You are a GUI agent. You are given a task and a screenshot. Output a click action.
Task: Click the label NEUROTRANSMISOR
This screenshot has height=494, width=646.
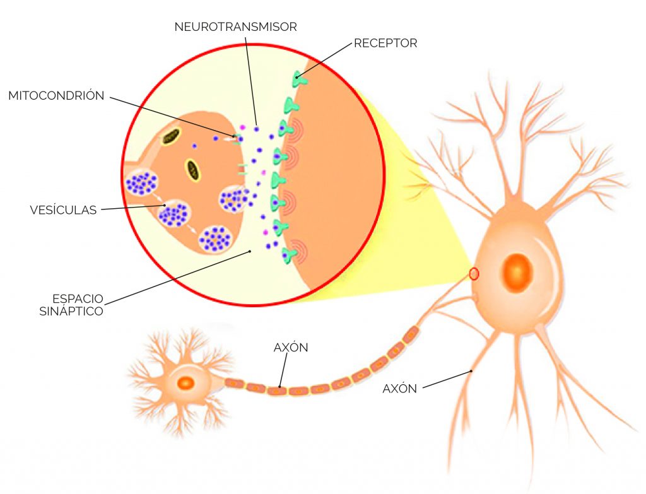tap(236, 26)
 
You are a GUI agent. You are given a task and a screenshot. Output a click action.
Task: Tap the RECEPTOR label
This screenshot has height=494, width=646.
tap(385, 44)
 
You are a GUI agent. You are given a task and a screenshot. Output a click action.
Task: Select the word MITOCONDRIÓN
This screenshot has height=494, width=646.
tap(56, 96)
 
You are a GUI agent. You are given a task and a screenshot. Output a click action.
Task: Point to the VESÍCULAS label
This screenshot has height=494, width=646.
tap(64, 209)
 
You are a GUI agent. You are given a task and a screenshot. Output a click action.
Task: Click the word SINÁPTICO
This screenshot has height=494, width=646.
tap(71, 311)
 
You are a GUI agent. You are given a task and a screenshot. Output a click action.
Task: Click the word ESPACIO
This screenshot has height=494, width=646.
tap(78, 298)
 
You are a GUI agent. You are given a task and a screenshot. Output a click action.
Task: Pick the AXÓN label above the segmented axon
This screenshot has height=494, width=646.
tap(291, 348)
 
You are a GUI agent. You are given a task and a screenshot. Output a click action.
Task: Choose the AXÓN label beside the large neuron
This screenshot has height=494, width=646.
tap(399, 389)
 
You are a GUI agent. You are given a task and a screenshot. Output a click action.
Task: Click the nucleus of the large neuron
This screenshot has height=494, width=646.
tap(517, 273)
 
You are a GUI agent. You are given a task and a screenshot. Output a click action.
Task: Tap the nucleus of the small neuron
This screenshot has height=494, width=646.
tap(186, 383)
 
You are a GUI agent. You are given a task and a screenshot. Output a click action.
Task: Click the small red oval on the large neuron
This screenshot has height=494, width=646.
tap(474, 274)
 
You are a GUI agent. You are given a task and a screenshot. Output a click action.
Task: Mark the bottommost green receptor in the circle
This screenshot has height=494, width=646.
tap(290, 256)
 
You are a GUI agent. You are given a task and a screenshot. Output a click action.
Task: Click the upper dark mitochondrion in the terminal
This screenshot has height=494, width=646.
tap(170, 137)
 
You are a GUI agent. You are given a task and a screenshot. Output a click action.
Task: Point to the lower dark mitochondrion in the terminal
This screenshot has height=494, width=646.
tap(192, 170)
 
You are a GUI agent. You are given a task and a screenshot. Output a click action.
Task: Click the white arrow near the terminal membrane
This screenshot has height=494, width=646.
tap(228, 139)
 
